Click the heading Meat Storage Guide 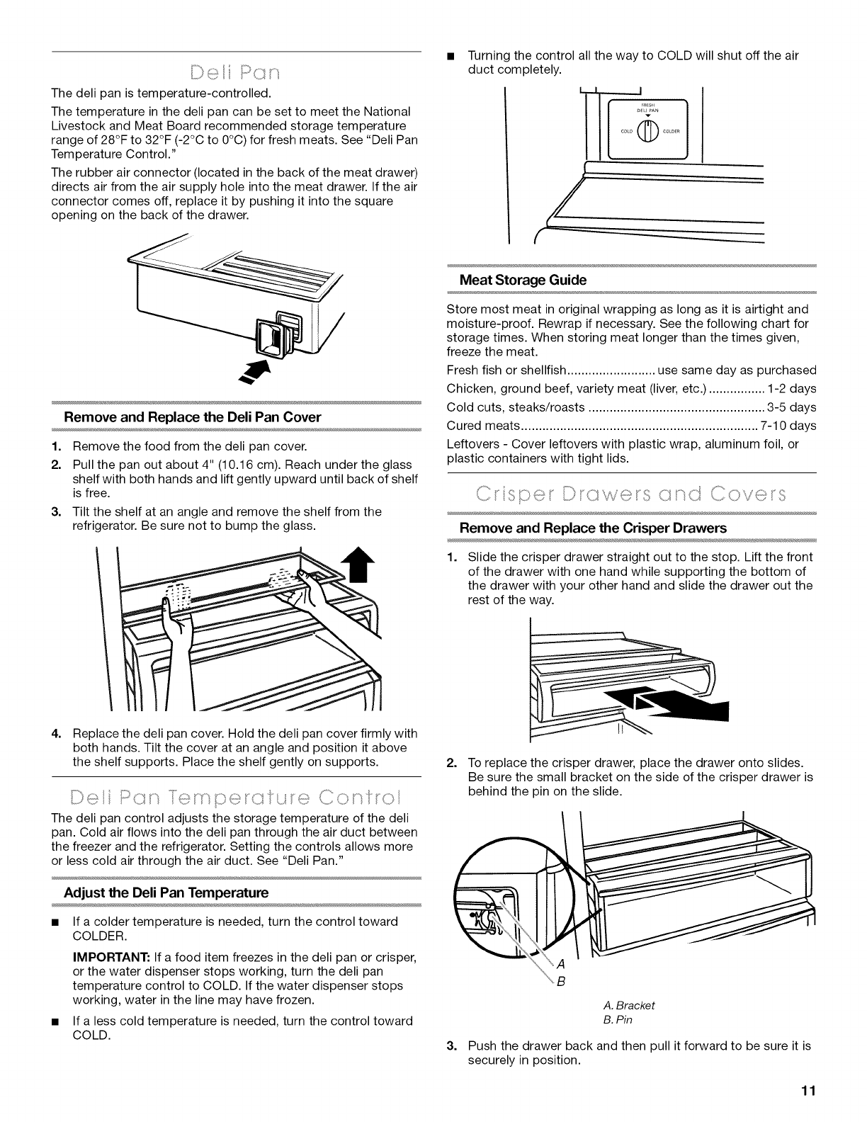click(x=523, y=280)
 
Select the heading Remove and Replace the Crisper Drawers click(x=593, y=528)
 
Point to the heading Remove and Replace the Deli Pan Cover click(x=192, y=417)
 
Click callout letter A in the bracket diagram click(x=560, y=964)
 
